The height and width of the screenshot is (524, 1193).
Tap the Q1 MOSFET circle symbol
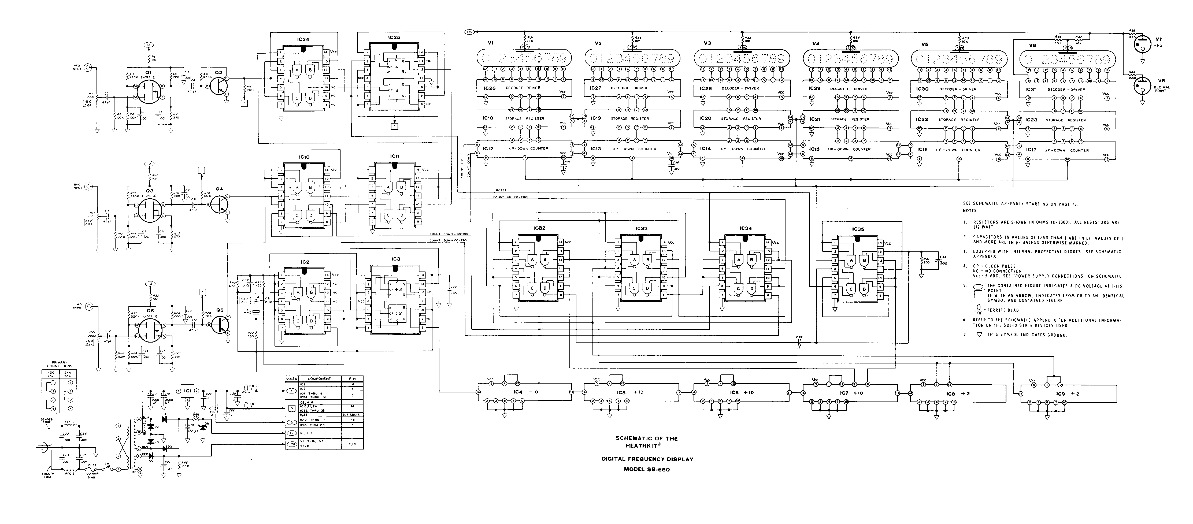pyautogui.click(x=149, y=92)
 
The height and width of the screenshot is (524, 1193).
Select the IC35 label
pyautogui.click(x=858, y=229)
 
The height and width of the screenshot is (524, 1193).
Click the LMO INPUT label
pyautogui.click(x=77, y=306)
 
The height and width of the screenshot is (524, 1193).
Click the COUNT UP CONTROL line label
pyautogui.click(x=511, y=197)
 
